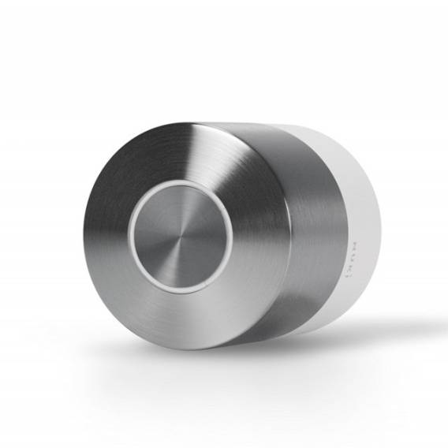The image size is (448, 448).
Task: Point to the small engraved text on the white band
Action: point(353,253)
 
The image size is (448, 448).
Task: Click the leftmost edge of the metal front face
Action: point(80,237)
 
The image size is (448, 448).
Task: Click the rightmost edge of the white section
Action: point(381,229)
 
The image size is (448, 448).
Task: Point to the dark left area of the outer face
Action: point(103,237)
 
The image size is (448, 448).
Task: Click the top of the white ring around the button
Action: point(181,183)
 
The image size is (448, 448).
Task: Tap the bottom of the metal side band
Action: point(300,331)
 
